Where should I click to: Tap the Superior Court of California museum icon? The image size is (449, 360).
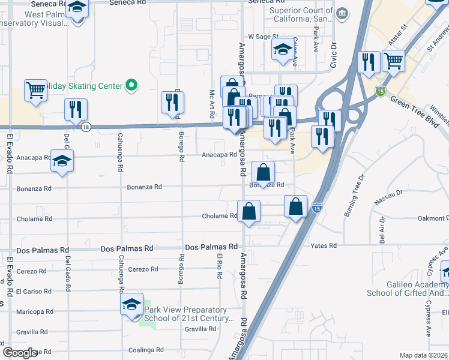[x=342, y=13]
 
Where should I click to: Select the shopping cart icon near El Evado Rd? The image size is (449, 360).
[x=35, y=90]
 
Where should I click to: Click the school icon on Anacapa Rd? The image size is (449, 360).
[x=61, y=161]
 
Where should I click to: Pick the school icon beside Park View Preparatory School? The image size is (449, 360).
[x=131, y=304]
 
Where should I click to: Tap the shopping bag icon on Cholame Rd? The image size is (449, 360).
[x=249, y=212]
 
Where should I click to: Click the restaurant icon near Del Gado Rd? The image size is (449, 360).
[x=76, y=109]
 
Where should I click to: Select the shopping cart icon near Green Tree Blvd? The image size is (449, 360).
[x=393, y=61]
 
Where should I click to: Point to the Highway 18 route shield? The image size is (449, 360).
[x=86, y=127]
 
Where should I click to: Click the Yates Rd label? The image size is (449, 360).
[x=324, y=245]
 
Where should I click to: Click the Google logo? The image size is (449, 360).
[x=20, y=352]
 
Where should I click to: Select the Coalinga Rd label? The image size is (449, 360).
[x=146, y=350]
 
